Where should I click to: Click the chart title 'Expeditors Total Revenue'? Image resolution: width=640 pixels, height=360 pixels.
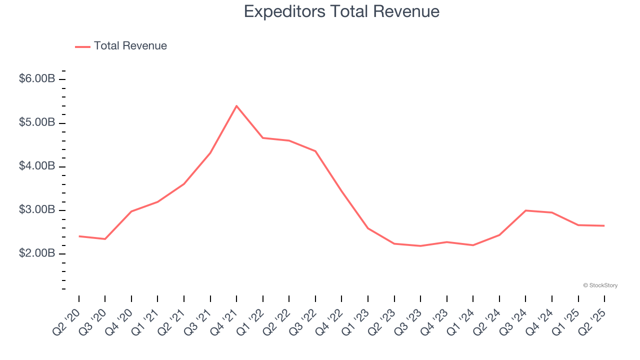(x=341, y=11)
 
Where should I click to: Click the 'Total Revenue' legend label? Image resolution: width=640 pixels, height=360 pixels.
(x=130, y=46)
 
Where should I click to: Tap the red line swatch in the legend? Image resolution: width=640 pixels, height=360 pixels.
(x=82, y=46)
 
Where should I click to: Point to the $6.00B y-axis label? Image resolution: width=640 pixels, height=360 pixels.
(x=37, y=79)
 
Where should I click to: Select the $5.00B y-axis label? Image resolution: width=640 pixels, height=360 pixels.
(x=37, y=122)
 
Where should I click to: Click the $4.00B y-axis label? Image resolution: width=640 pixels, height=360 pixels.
(x=37, y=166)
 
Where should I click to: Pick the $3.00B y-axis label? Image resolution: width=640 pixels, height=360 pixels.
(x=37, y=209)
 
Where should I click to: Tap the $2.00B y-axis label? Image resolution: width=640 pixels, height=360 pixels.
(x=37, y=253)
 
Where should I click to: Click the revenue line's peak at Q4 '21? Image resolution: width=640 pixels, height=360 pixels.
(x=236, y=106)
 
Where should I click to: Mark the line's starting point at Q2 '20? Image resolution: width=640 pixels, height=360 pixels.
(x=79, y=236)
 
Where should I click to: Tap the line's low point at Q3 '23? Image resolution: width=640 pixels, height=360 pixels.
(x=420, y=246)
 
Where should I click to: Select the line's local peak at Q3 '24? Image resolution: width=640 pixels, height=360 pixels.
(x=525, y=210)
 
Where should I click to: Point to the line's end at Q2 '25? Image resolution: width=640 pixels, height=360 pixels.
(x=604, y=225)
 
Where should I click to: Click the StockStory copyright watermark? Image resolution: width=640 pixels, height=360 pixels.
(x=600, y=285)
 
